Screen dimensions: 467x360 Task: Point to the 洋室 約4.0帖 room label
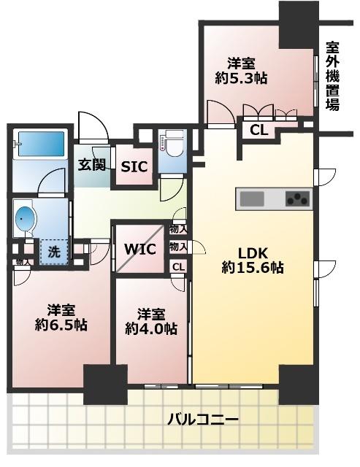150,322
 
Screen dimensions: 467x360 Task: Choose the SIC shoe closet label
134,166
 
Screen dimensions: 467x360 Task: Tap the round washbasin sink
26,218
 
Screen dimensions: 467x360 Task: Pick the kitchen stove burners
296,198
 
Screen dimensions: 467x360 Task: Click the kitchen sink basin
253,198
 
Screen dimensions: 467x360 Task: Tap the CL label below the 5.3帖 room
258,131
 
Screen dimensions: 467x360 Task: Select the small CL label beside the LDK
178,266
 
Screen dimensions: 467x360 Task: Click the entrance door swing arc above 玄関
92,126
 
